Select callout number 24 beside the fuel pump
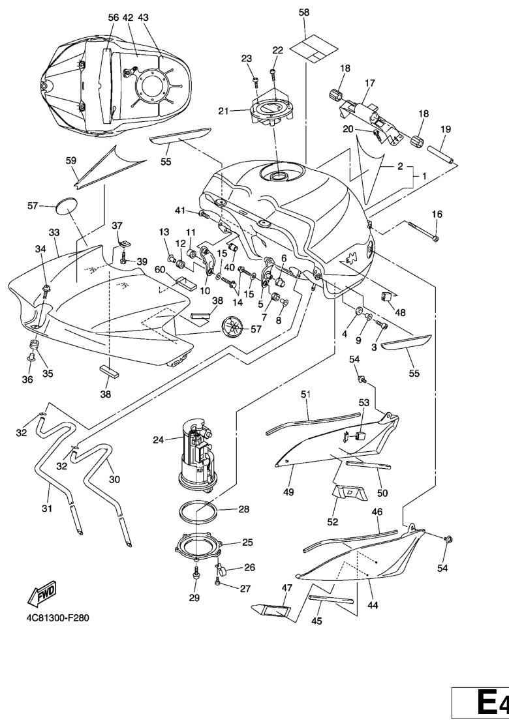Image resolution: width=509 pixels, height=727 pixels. point(159,439)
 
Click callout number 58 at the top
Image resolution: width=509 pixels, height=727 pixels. point(305,12)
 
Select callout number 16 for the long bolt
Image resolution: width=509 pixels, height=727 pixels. point(437,214)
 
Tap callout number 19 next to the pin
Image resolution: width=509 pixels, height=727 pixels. point(446,129)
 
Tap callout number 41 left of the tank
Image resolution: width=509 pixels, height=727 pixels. point(181,210)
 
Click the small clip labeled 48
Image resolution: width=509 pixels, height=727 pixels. point(386,297)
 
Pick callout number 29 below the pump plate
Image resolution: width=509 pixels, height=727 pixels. point(194,598)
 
